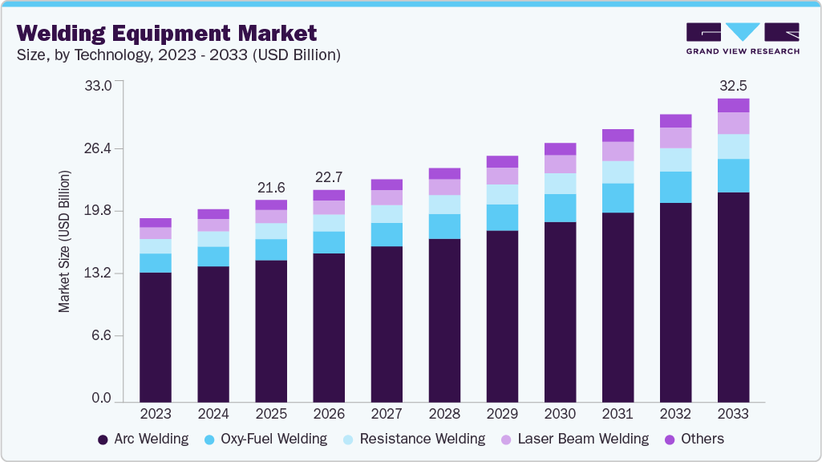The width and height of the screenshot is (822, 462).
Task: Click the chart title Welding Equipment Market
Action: point(167,33)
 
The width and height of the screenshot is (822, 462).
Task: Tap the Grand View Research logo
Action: point(742,38)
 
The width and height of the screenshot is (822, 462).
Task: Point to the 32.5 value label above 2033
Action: point(733,85)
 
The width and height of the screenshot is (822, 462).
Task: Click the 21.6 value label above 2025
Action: point(271,188)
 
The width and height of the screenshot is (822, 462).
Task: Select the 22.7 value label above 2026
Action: point(329,177)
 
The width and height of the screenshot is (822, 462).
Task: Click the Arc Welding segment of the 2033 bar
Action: point(733,297)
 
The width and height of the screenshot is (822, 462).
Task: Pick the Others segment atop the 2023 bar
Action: point(156,222)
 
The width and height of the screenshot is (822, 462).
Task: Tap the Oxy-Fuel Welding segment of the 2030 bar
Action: point(560,208)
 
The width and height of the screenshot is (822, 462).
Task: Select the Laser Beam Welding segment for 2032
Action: point(675,138)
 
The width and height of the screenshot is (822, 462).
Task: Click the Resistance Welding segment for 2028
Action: point(444,205)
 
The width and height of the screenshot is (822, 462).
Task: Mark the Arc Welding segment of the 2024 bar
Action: point(213,334)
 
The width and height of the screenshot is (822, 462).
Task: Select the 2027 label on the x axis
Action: point(387,414)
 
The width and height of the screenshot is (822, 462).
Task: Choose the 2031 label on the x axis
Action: point(618,414)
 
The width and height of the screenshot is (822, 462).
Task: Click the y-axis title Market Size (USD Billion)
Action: point(64,241)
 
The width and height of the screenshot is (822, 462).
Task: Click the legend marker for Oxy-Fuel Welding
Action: point(209,440)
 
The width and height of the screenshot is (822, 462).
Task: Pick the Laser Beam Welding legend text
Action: point(583,439)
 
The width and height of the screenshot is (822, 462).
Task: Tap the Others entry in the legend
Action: point(702,439)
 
